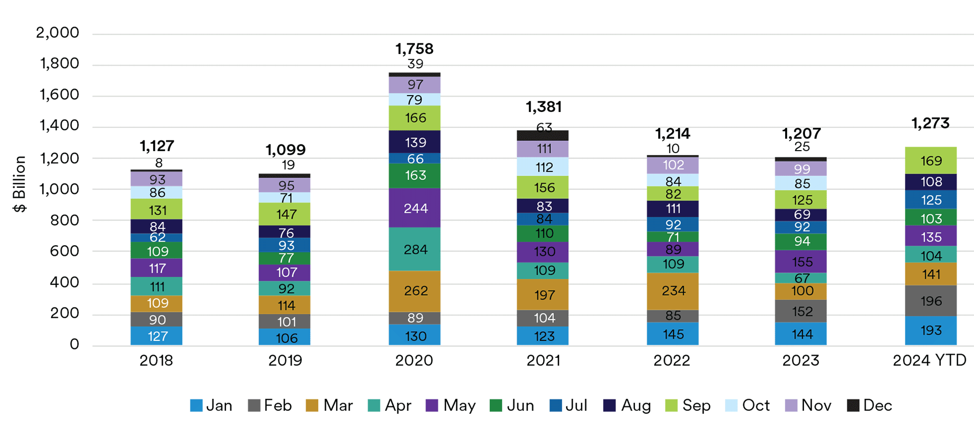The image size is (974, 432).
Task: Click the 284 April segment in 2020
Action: (x=414, y=249)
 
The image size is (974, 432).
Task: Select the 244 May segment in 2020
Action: (x=414, y=208)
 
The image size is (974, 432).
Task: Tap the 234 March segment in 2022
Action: (x=672, y=291)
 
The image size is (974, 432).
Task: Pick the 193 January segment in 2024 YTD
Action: (x=930, y=331)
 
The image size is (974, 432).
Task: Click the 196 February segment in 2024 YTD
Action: (x=930, y=301)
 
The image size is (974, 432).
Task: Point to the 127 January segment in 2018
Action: (x=156, y=336)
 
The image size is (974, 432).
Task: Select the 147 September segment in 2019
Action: (x=285, y=214)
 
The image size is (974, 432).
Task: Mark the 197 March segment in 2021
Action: (x=543, y=295)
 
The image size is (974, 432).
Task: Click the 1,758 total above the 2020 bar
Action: (x=414, y=49)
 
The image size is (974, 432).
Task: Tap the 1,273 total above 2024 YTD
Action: (x=930, y=123)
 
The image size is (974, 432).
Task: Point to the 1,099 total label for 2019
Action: (x=285, y=150)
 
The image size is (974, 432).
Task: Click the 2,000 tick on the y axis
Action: (x=58, y=33)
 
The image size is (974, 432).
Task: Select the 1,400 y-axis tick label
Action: (x=60, y=126)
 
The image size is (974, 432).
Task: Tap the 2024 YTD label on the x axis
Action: (x=930, y=360)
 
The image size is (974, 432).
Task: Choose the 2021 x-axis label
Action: (x=543, y=360)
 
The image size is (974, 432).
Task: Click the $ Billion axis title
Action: (x=19, y=184)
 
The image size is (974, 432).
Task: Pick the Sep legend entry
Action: (x=688, y=405)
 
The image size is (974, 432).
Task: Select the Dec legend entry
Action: (x=870, y=405)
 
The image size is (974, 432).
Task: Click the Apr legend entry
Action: (x=389, y=405)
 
